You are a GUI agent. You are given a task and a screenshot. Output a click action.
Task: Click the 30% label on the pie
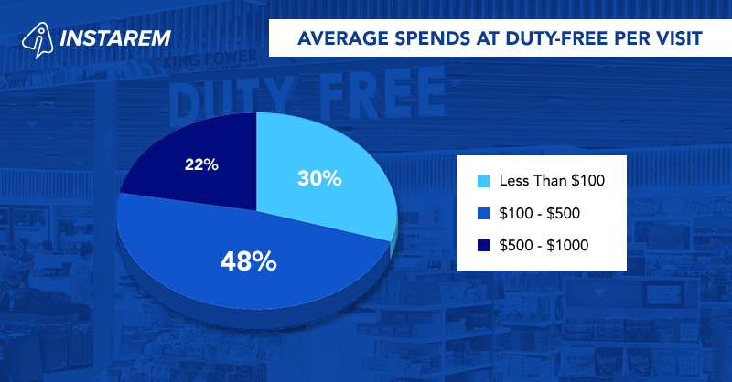[x=319, y=178]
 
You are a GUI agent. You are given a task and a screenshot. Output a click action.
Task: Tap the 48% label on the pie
[x=248, y=262]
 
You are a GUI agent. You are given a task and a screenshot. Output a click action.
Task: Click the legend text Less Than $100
[x=552, y=180]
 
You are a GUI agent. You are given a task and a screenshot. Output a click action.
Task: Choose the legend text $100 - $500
[x=541, y=213]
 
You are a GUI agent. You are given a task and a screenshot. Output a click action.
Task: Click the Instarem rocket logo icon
[x=36, y=39]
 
